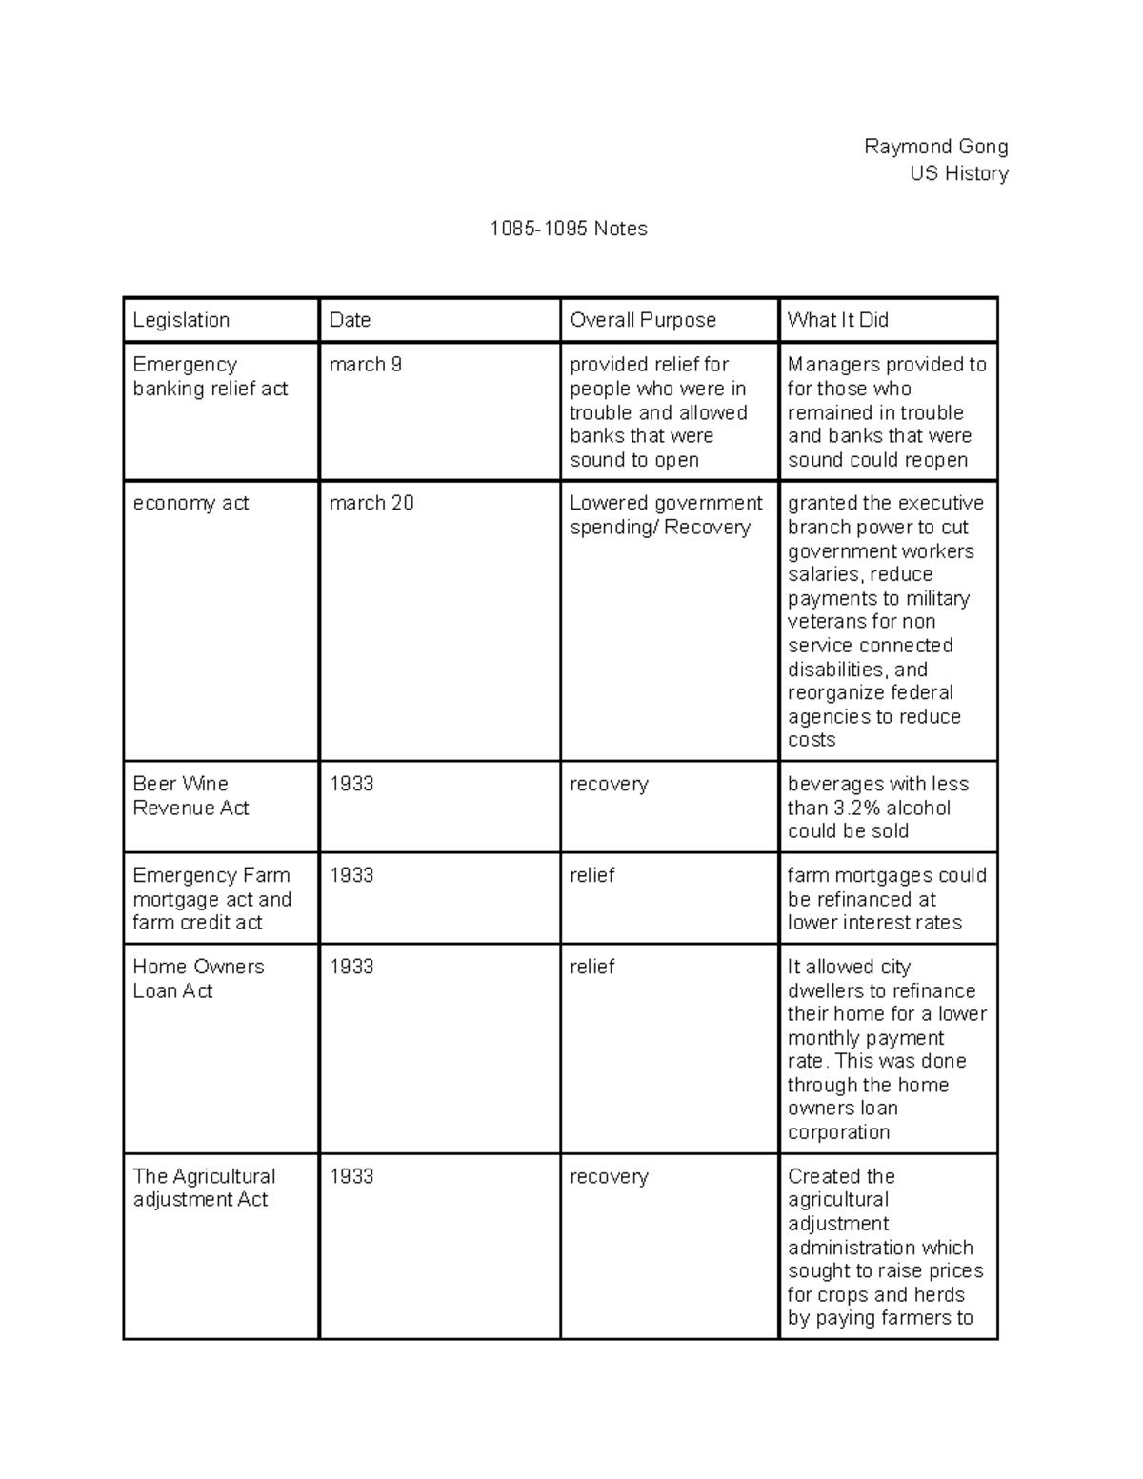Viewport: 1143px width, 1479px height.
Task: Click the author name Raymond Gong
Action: [935, 147]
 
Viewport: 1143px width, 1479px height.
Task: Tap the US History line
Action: [958, 173]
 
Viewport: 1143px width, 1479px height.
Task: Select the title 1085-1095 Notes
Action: [569, 229]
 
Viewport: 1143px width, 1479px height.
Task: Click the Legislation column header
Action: [181, 320]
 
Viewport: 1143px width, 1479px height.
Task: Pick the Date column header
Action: [350, 320]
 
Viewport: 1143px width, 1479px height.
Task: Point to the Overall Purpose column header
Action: [643, 320]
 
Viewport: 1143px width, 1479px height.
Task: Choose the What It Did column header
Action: [837, 320]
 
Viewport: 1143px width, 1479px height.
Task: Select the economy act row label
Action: [190, 503]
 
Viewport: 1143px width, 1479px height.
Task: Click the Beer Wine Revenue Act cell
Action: [190, 796]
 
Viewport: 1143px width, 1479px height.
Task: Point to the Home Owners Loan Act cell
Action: [198, 978]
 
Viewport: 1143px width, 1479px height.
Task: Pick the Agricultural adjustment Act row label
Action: [204, 1188]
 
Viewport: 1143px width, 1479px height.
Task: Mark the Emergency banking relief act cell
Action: [210, 376]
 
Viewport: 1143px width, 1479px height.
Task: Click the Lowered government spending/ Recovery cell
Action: [666, 515]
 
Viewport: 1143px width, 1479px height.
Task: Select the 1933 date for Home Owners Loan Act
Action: [351, 967]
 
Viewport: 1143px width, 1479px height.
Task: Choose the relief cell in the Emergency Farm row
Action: [592, 875]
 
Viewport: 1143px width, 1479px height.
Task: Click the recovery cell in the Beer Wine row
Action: [609, 784]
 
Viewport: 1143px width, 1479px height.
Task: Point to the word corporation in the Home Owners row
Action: [838, 1132]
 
